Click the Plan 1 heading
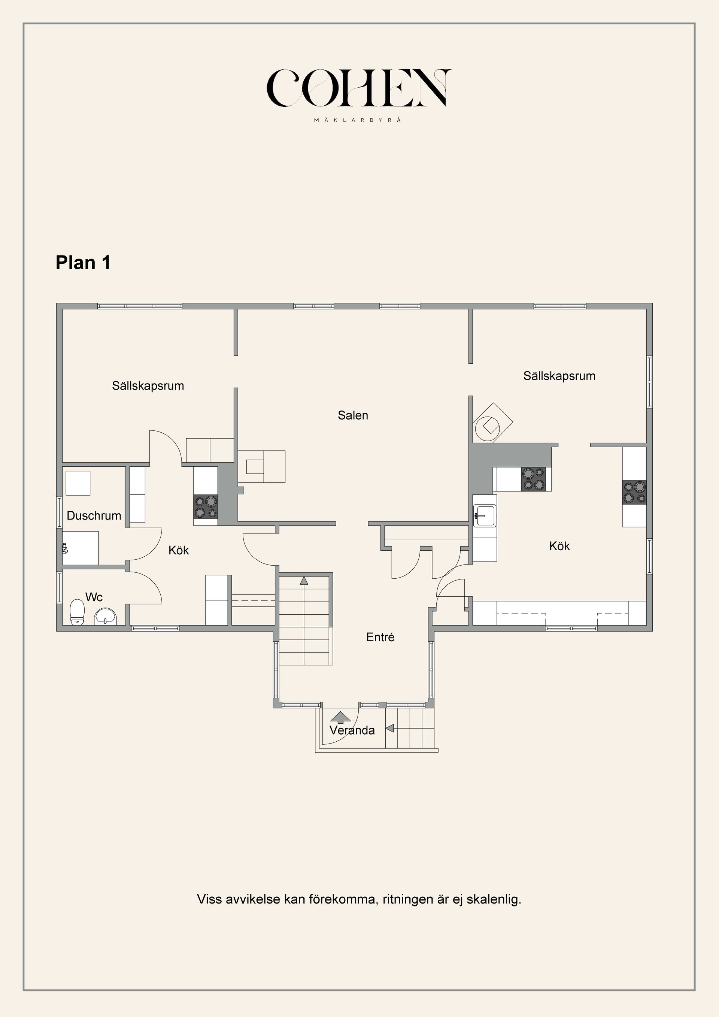point(83,263)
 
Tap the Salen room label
point(352,415)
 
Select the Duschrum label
point(94,515)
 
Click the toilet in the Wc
point(78,612)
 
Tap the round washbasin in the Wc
point(105,616)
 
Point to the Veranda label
point(352,730)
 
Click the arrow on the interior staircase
point(304,580)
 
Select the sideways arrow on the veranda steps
point(389,728)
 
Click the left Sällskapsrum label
point(148,386)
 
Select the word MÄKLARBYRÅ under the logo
point(358,120)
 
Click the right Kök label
point(559,546)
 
